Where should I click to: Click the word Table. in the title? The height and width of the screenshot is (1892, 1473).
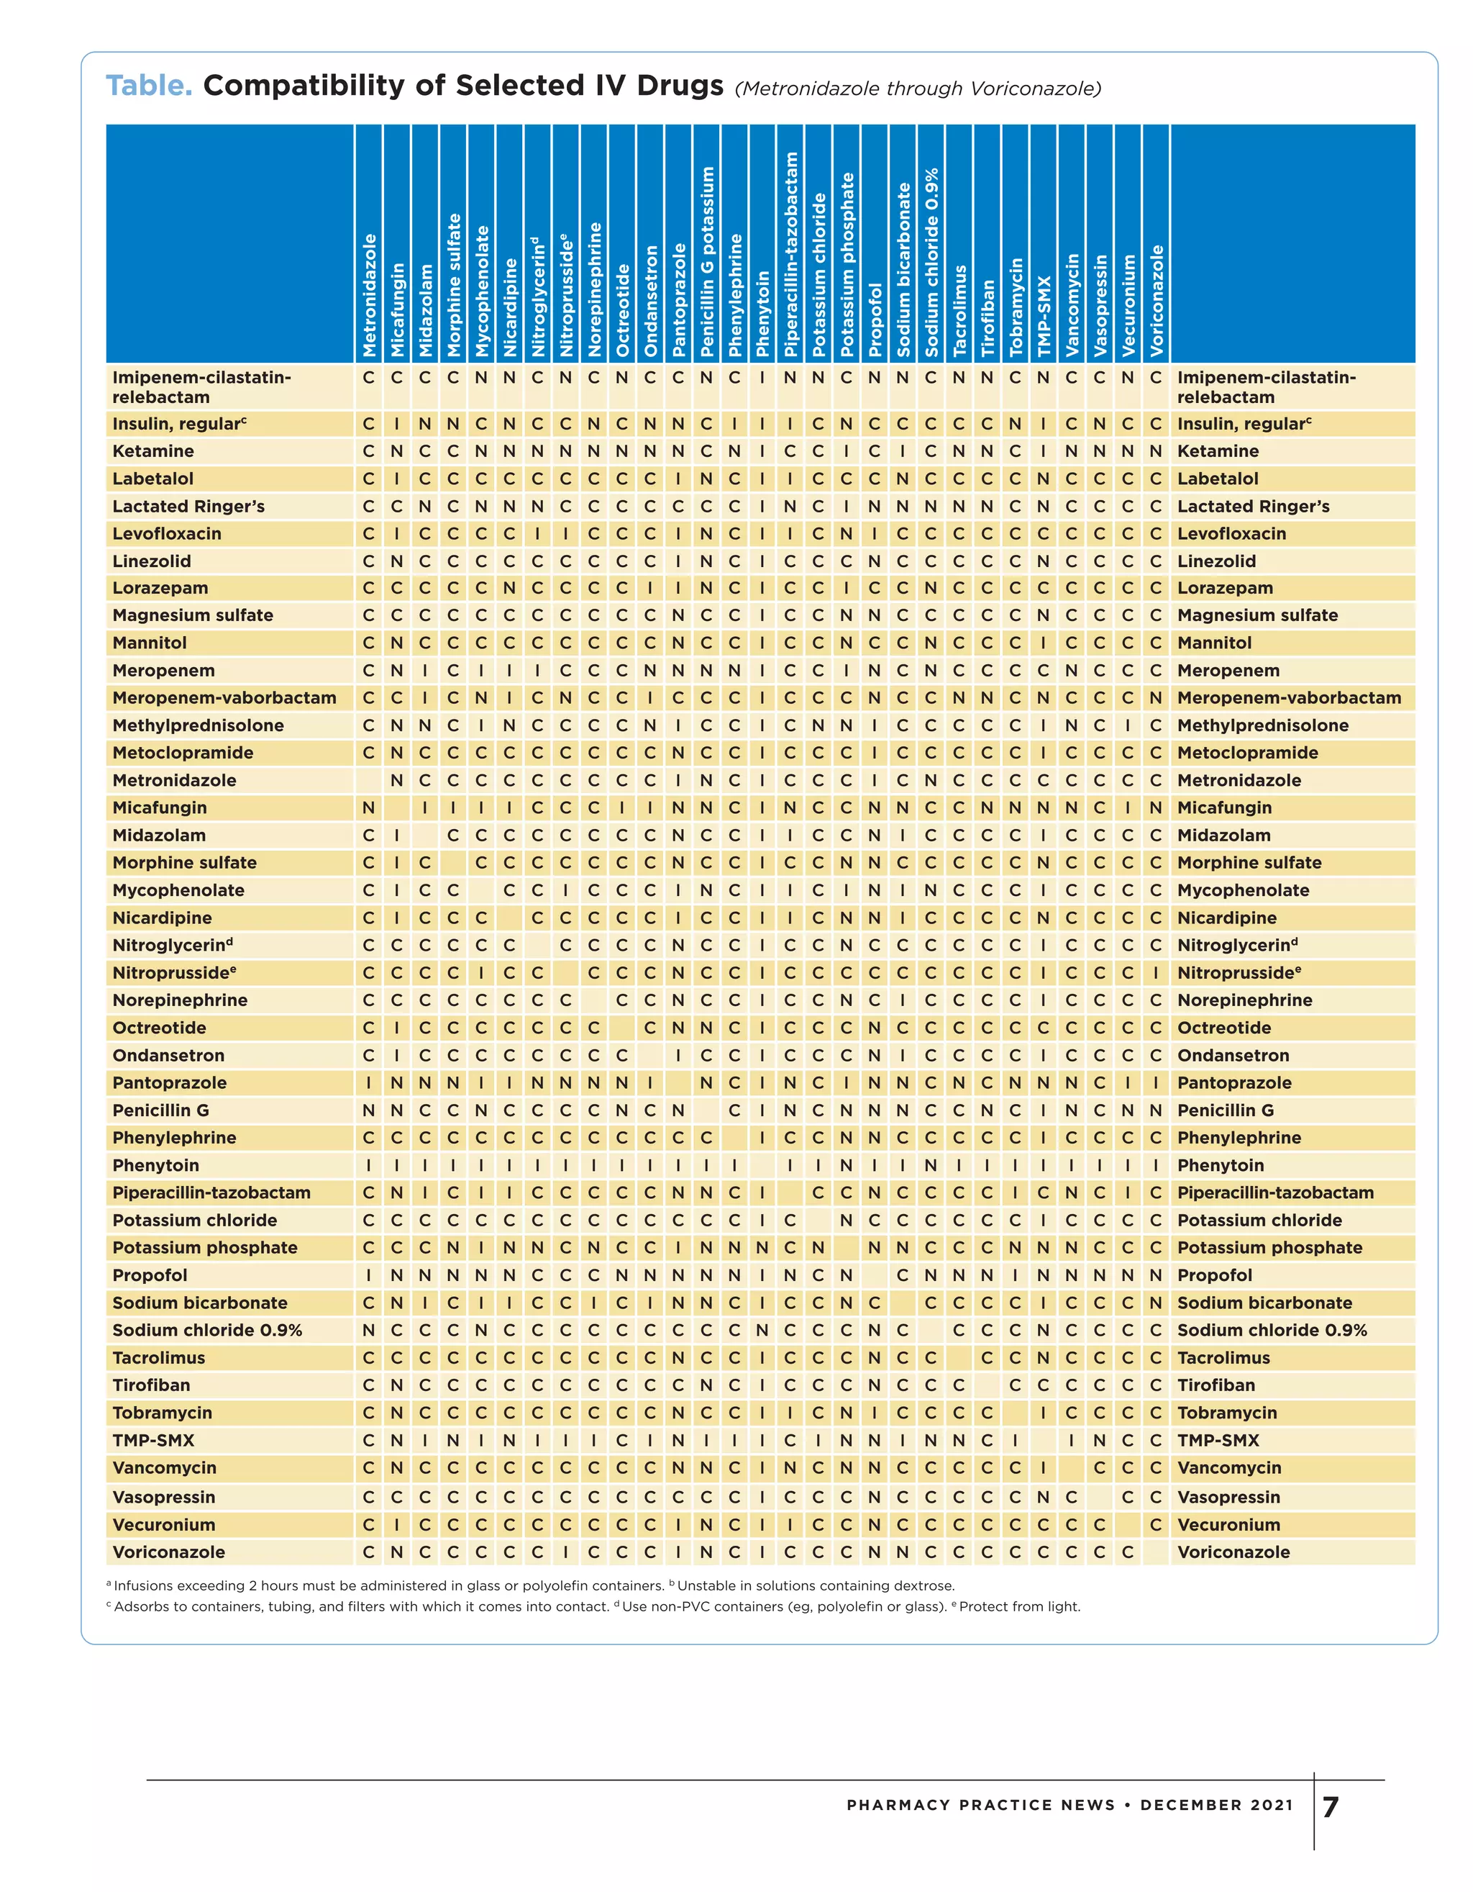click(x=149, y=86)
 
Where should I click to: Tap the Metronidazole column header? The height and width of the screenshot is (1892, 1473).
click(x=370, y=294)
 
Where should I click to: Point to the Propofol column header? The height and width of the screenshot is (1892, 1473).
click(x=875, y=320)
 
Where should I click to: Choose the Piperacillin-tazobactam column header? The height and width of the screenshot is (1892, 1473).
click(x=790, y=255)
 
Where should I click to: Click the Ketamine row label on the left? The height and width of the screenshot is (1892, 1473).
click(x=153, y=451)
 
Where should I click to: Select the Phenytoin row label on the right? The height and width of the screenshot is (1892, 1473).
click(x=1220, y=1165)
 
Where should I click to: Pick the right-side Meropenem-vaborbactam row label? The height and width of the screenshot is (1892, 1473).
click(x=1289, y=698)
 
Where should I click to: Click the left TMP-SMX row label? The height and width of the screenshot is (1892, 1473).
click(x=153, y=1441)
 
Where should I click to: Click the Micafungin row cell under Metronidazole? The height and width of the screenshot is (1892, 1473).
click(x=369, y=808)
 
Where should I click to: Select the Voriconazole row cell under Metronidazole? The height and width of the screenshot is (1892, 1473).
click(x=369, y=1552)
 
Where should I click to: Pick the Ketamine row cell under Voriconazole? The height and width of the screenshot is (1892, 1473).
click(x=1155, y=451)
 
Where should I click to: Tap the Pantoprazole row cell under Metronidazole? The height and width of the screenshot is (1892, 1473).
click(x=369, y=1083)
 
